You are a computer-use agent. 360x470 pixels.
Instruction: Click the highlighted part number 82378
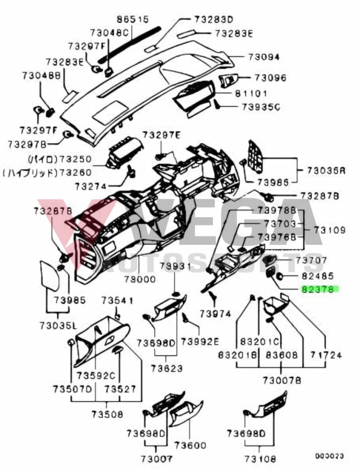pyautogui.click(x=320, y=290)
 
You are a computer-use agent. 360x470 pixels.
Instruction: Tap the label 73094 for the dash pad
pyautogui.click(x=264, y=57)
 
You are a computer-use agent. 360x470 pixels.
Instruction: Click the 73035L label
pyautogui.click(x=57, y=325)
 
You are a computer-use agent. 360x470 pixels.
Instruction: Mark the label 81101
pyautogui.click(x=251, y=94)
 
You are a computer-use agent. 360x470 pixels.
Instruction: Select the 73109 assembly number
pyautogui.click(x=330, y=229)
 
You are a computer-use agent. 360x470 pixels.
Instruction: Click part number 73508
pyautogui.click(x=107, y=414)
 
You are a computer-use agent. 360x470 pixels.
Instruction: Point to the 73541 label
pyautogui.click(x=117, y=301)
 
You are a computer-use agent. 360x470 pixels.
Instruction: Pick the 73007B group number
pyautogui.click(x=282, y=380)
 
